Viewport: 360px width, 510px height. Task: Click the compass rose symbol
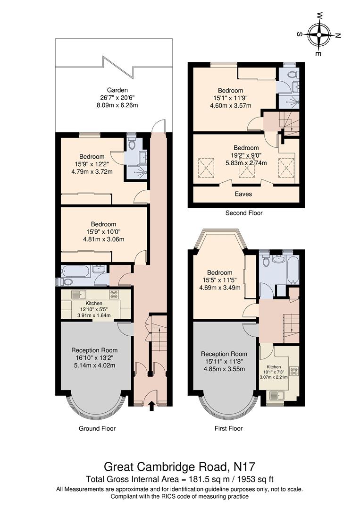319,34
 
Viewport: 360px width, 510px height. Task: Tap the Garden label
117,90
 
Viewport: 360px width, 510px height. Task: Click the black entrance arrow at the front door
151,406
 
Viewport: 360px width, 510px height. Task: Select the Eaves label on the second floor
243,194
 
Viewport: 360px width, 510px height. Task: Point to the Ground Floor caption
97,428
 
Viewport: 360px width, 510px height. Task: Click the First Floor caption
228,428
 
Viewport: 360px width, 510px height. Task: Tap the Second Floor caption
243,213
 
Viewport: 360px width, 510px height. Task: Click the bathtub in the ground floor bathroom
75,271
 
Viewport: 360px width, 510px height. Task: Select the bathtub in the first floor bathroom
293,270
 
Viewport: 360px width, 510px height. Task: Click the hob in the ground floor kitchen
114,294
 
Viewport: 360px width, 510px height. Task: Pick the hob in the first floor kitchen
294,371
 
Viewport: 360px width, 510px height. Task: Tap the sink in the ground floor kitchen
79,294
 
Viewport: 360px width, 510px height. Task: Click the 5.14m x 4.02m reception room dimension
94,365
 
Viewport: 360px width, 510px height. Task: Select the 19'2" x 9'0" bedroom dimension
246,155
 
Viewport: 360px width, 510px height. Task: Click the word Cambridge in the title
166,467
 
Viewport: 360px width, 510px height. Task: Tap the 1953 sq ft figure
255,479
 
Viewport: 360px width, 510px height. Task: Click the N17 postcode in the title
244,467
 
